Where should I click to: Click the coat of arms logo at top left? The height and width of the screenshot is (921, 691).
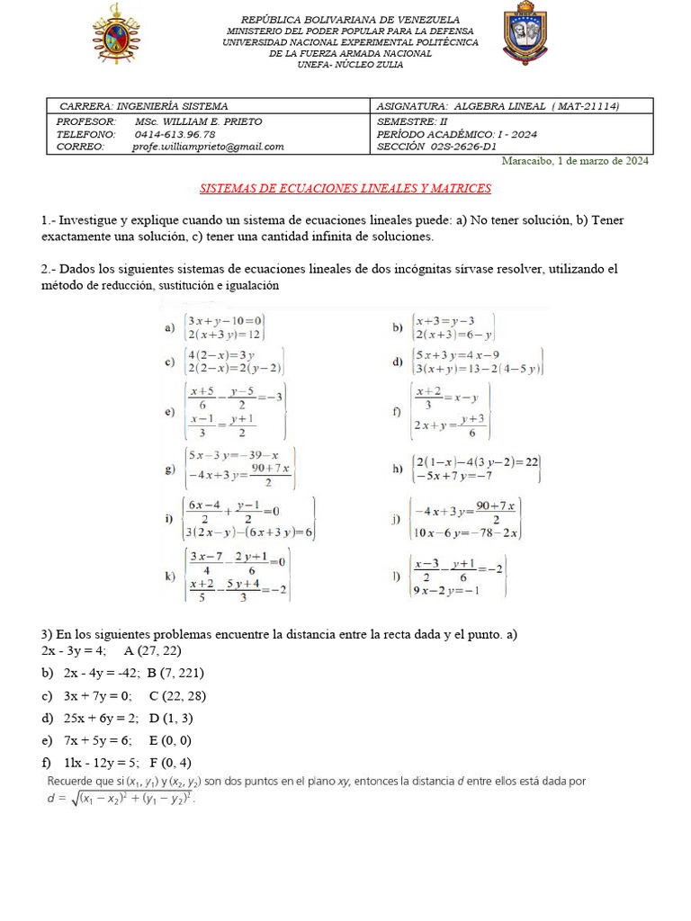(x=116, y=34)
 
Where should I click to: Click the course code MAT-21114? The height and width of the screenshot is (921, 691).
(x=586, y=106)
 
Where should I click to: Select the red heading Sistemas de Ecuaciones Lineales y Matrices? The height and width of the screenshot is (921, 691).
(x=345, y=189)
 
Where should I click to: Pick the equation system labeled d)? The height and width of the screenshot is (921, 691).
(x=477, y=361)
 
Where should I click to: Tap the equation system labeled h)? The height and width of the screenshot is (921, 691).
(x=477, y=468)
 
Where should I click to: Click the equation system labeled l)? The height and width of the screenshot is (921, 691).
(x=458, y=576)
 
